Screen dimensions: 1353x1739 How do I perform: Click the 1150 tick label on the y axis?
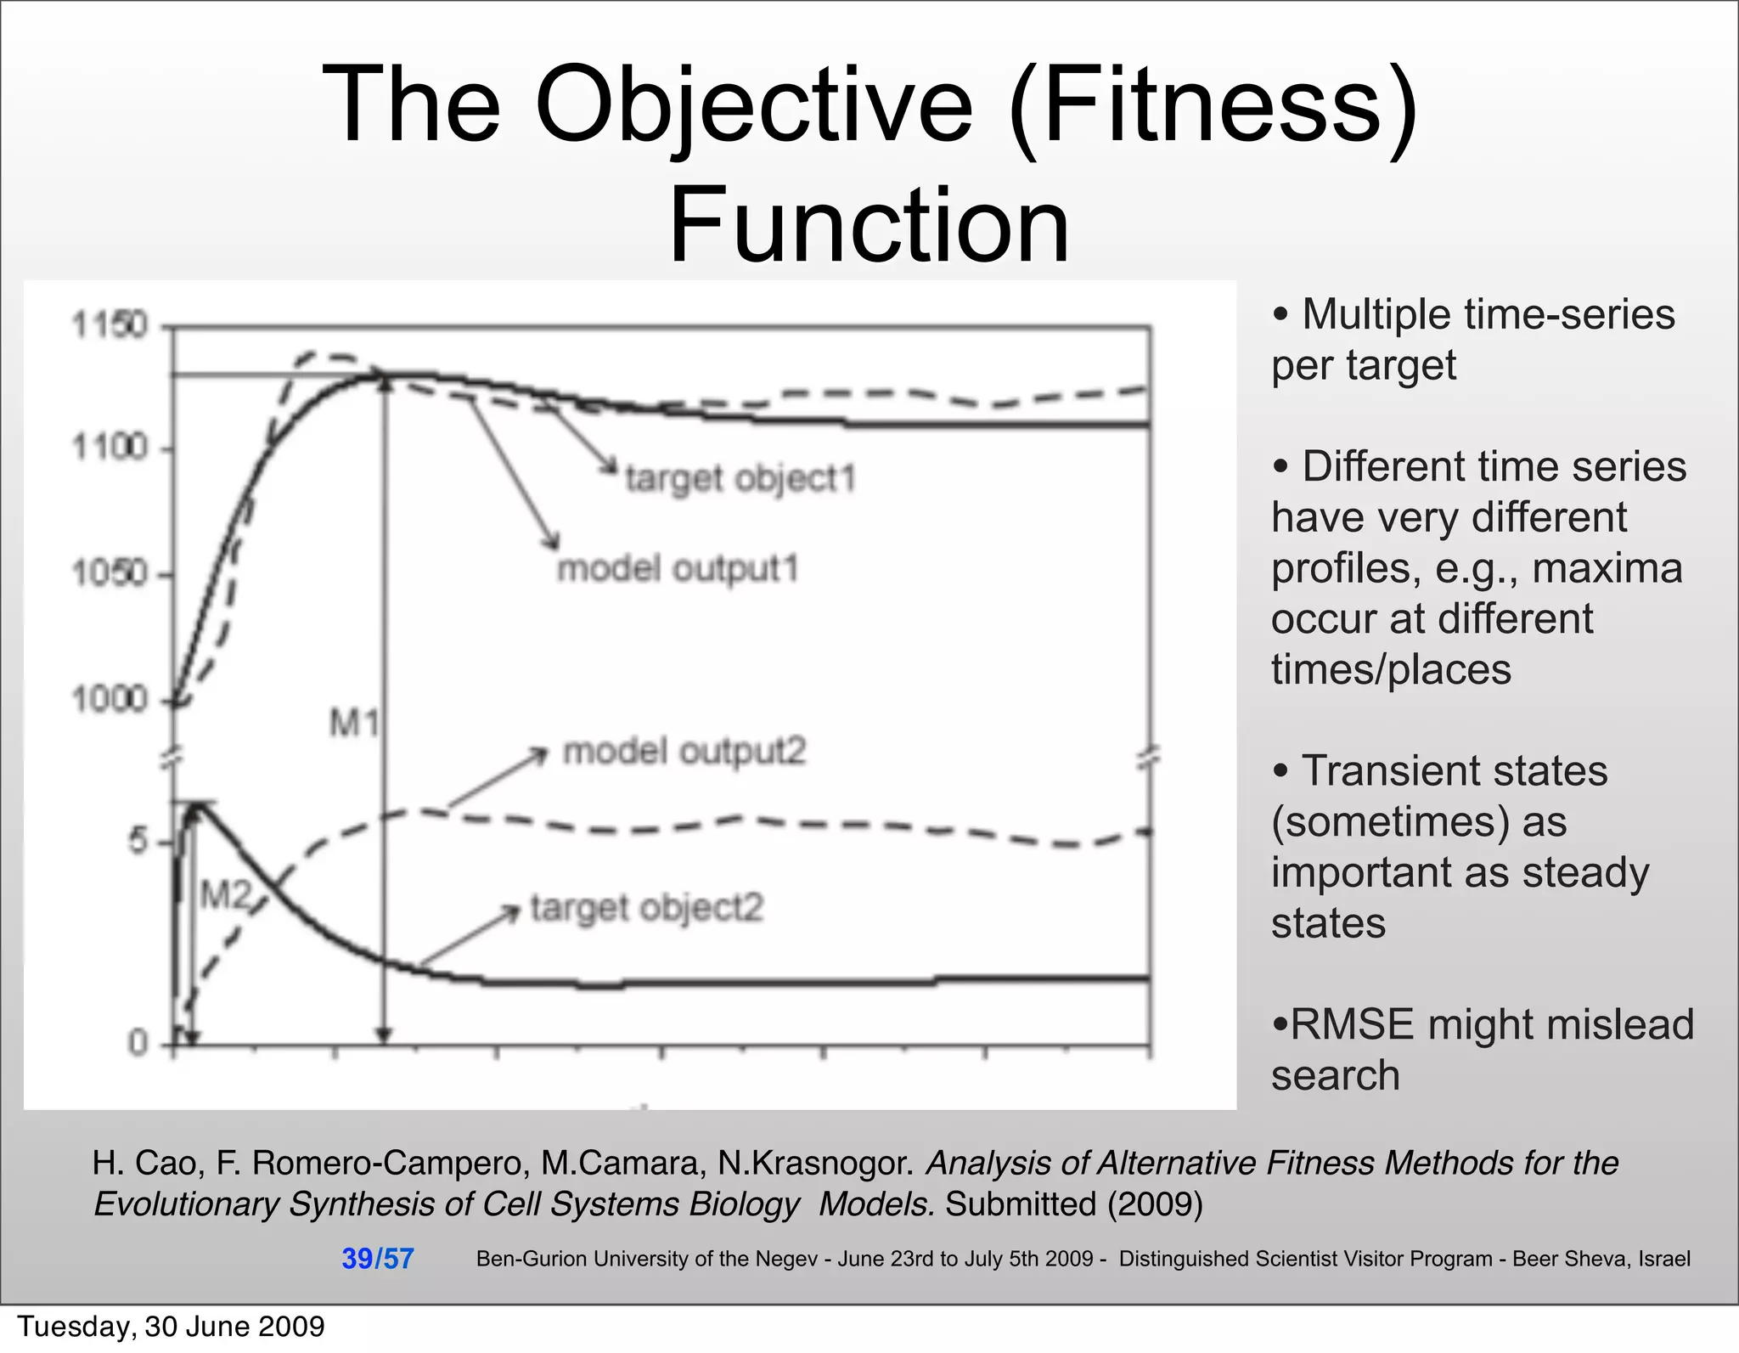pos(110,325)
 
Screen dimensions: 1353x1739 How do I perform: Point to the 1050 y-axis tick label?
pos(110,574)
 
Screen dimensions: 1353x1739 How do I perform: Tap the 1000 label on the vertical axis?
pos(110,700)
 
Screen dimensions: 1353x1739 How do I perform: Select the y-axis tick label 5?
pos(137,842)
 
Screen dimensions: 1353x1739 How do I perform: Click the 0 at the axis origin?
pos(138,1042)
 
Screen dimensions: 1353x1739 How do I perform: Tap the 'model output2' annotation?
pos(684,752)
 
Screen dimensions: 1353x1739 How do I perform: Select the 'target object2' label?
pos(647,908)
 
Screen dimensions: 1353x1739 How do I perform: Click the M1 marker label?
pos(353,724)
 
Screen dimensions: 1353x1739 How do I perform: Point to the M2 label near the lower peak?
pos(225,894)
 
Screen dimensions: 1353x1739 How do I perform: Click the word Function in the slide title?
pos(869,226)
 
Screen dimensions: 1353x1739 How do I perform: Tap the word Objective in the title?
pos(754,105)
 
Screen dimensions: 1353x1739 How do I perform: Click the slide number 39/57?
pos(377,1258)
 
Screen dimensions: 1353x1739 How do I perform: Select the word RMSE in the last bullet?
pos(1352,1024)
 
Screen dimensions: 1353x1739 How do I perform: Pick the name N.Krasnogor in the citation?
pos(815,1163)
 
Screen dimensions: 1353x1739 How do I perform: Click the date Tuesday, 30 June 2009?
pos(171,1327)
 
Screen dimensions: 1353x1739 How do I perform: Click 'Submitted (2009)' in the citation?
pos(1074,1204)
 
